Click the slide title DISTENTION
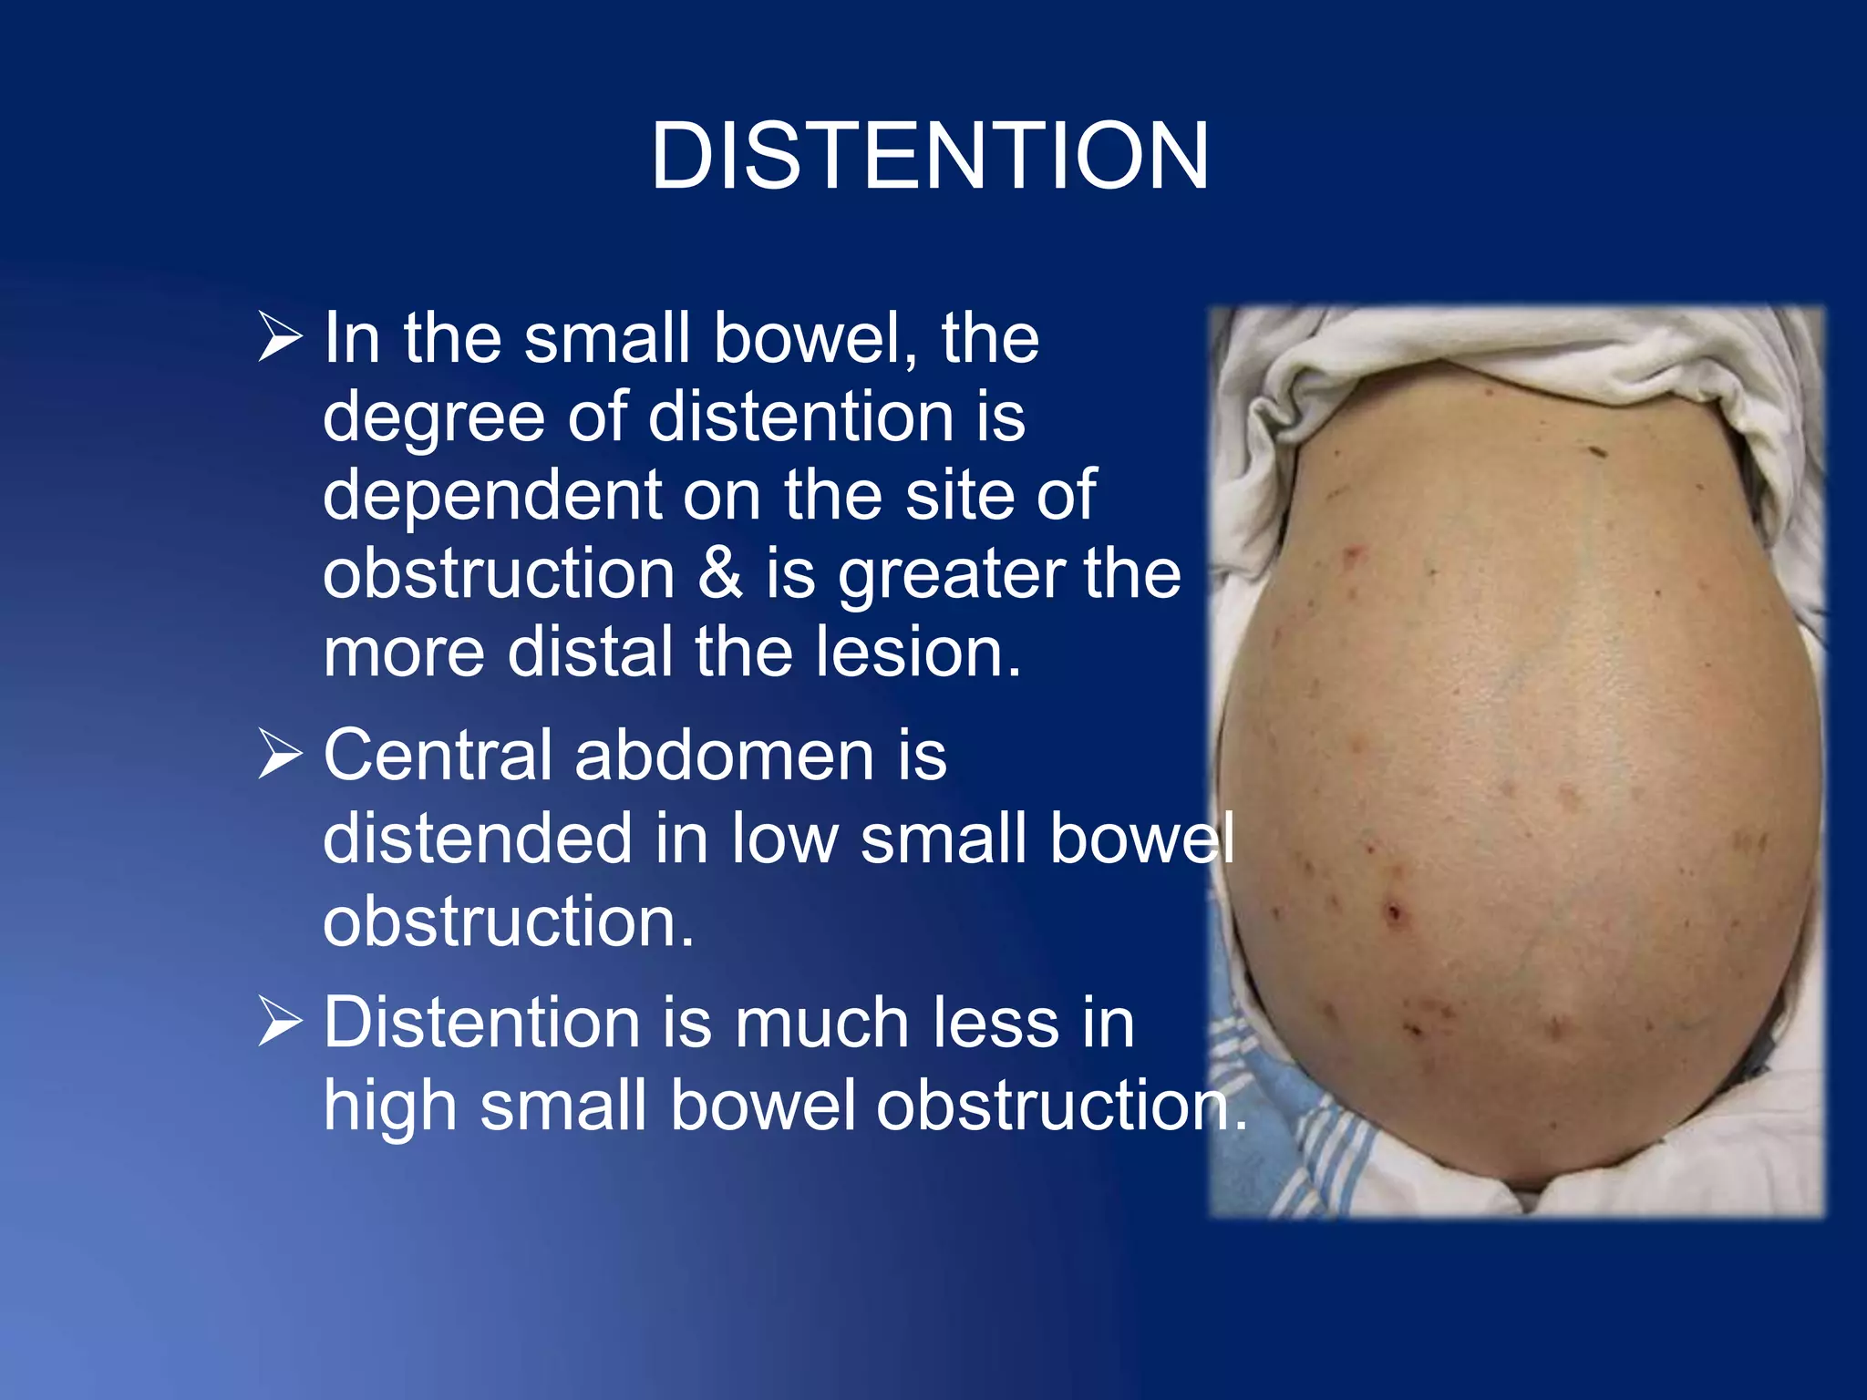pyautogui.click(x=930, y=157)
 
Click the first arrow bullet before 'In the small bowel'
pyautogui.click(x=280, y=337)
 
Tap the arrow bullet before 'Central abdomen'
pyautogui.click(x=280, y=754)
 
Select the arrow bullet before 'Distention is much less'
pyautogui.click(x=280, y=1021)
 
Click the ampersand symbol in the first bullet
pyautogui.click(x=720, y=573)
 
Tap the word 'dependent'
pyautogui.click(x=491, y=496)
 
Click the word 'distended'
pyautogui.click(x=478, y=839)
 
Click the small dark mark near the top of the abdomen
pyautogui.click(x=1597, y=450)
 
